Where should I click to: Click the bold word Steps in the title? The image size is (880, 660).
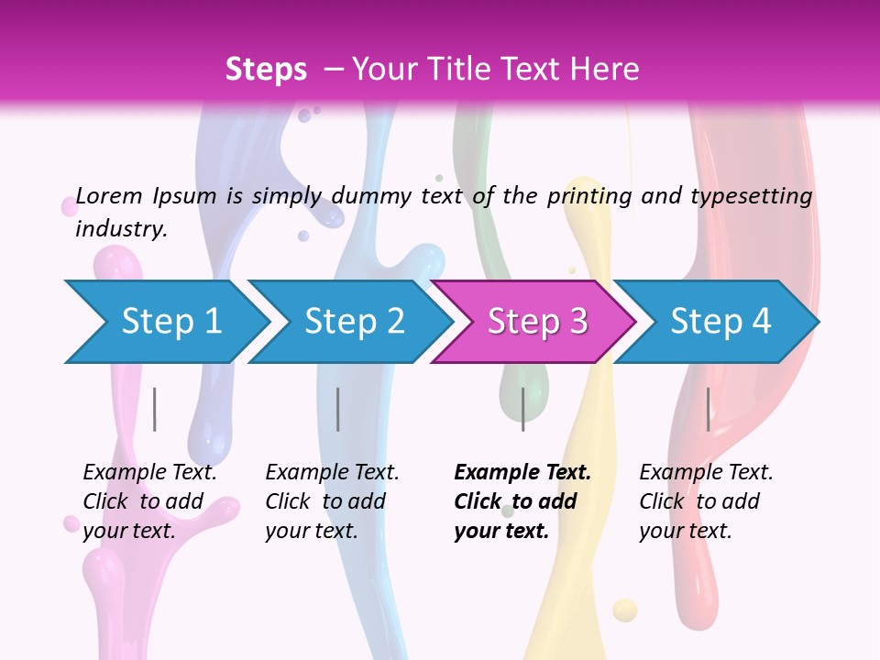pos(266,70)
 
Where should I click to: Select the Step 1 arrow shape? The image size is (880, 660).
pos(165,322)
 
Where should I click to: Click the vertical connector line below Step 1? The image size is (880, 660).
pos(155,409)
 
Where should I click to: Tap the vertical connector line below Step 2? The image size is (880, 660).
pos(338,409)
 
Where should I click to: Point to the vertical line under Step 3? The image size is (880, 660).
pos(522,409)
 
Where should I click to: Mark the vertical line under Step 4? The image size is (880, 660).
pos(708,409)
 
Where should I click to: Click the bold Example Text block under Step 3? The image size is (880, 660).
pos(522,501)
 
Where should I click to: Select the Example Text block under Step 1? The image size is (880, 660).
pos(149,501)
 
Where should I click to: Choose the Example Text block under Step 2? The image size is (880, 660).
pos(332,501)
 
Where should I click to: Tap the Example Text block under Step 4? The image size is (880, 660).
pos(706,501)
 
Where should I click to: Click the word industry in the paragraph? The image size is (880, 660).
pos(119,229)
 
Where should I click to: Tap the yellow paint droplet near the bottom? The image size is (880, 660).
pos(624,610)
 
